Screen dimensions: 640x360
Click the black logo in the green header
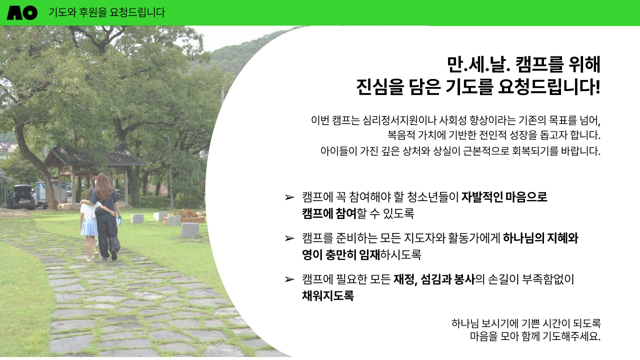point(22,13)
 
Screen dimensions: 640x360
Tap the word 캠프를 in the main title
point(539,64)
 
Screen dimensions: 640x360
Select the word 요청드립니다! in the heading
point(548,87)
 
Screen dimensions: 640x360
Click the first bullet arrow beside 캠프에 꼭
point(289,197)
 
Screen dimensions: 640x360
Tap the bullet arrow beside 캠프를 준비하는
point(289,238)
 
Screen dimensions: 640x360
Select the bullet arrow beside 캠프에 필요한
point(289,279)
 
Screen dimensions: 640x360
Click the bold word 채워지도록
point(328,295)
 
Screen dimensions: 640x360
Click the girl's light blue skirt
point(89,226)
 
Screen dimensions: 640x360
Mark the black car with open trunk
point(20,197)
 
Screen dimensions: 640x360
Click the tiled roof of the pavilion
point(94,156)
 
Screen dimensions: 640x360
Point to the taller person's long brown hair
point(103,186)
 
